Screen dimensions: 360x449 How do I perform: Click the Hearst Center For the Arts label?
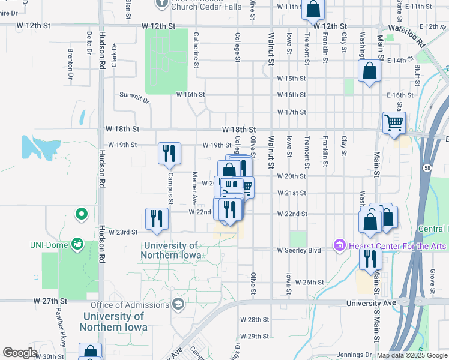(396, 247)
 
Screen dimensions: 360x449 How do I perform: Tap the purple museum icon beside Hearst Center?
(340, 247)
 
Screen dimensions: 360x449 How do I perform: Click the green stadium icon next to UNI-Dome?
(77, 244)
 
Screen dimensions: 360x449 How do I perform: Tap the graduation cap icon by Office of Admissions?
(178, 304)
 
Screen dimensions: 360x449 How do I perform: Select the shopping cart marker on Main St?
(394, 123)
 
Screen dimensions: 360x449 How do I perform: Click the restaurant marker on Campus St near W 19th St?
(169, 153)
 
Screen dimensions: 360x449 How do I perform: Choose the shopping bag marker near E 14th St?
(370, 71)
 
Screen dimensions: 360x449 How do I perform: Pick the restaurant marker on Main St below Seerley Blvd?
(370, 259)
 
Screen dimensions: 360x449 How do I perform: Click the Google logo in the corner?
(20, 353)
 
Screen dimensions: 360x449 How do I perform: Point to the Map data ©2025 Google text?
(412, 355)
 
